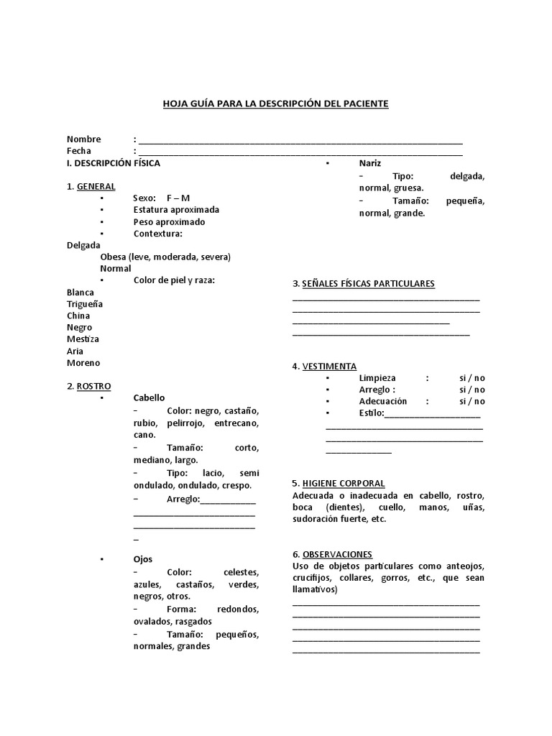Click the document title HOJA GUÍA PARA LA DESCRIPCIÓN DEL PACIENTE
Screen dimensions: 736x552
276,104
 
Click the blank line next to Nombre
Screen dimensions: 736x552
300,140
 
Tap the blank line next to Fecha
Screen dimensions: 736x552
300,152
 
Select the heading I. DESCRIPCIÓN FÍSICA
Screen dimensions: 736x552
114,163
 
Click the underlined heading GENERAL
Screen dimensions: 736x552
96,187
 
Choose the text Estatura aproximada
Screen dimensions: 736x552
176,210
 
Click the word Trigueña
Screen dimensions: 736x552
85,304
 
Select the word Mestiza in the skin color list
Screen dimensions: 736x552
83,339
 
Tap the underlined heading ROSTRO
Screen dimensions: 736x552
93,386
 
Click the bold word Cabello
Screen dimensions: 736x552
149,397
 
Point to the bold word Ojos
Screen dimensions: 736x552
143,559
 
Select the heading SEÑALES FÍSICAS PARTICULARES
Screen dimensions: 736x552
368,284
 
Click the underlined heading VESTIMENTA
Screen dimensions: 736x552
329,367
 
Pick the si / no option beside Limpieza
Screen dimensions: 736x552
472,378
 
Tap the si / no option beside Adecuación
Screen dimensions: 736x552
472,402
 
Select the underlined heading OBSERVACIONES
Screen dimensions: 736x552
337,555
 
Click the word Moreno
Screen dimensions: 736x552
83,363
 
